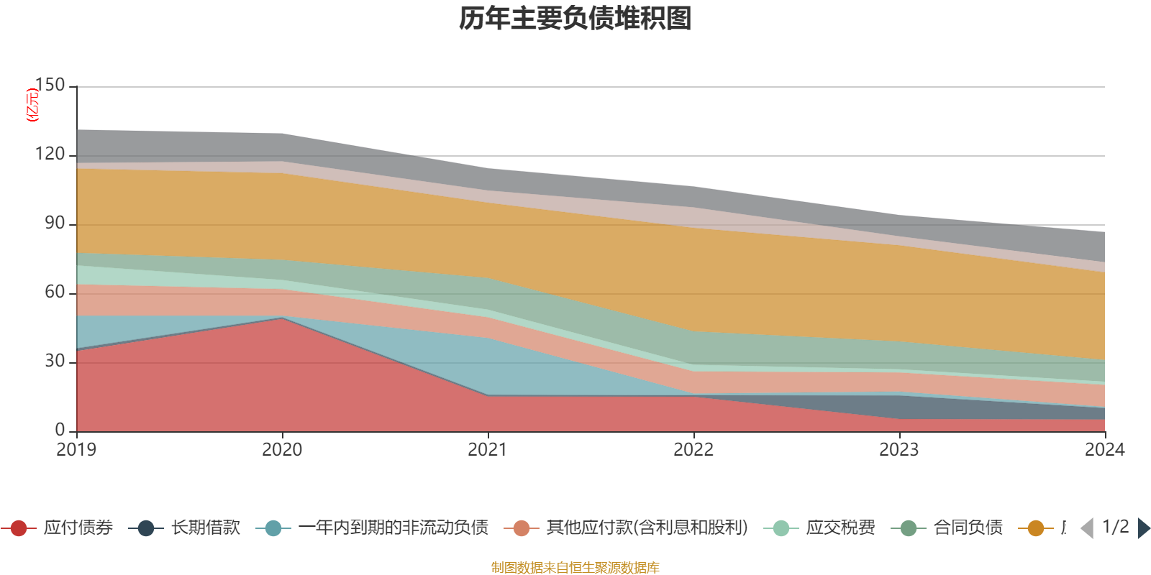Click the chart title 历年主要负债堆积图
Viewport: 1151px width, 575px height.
pyautogui.click(x=575, y=19)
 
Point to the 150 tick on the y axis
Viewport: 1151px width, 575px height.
pyautogui.click(x=50, y=86)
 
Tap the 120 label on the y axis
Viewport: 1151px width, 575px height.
pyautogui.click(x=50, y=155)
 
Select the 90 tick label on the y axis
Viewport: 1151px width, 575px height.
pyautogui.click(x=55, y=224)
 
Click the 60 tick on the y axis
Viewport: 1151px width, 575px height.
pyautogui.click(x=55, y=293)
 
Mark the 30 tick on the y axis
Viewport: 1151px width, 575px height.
pyautogui.click(x=55, y=362)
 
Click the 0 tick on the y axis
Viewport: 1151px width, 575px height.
pyautogui.click(x=60, y=431)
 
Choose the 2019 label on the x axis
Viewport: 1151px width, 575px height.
pyautogui.click(x=76, y=450)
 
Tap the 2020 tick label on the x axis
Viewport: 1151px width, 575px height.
pyautogui.click(x=282, y=450)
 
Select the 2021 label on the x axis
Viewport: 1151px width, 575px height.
pyautogui.click(x=488, y=450)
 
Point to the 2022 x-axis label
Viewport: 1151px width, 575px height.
pyautogui.click(x=693, y=450)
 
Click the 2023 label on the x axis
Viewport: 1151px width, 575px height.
pyautogui.click(x=899, y=450)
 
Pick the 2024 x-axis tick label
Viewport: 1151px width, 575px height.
pyautogui.click(x=1104, y=450)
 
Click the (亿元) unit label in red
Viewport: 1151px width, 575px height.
pyautogui.click(x=32, y=105)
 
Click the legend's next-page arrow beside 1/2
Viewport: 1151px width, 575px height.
pyautogui.click(x=1143, y=528)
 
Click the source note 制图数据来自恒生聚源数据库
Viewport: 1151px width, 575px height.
pyautogui.click(x=575, y=568)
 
